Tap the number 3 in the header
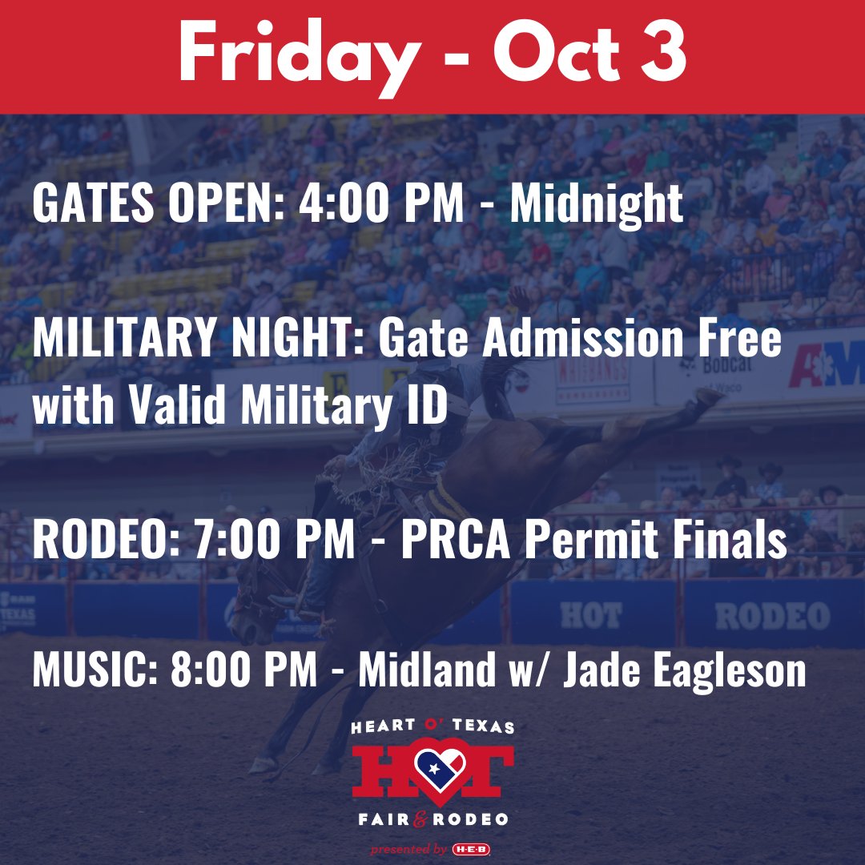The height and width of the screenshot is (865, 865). click(x=664, y=54)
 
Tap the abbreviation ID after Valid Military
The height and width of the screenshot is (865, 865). click(x=422, y=408)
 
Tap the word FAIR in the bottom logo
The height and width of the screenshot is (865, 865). click(x=381, y=819)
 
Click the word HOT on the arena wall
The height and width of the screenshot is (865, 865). click(x=590, y=616)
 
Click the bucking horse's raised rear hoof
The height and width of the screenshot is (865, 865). click(x=710, y=396)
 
